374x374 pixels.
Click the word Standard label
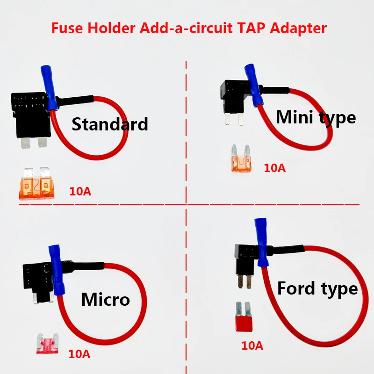[110, 124]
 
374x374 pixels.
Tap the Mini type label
[316, 117]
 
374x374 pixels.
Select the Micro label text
[105, 299]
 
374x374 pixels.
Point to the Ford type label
[317, 288]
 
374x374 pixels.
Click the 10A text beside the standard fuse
[80, 191]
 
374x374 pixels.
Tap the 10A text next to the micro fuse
[79, 354]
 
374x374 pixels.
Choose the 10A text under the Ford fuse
[252, 346]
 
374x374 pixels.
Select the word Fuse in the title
[65, 28]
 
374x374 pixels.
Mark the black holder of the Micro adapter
[36, 278]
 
